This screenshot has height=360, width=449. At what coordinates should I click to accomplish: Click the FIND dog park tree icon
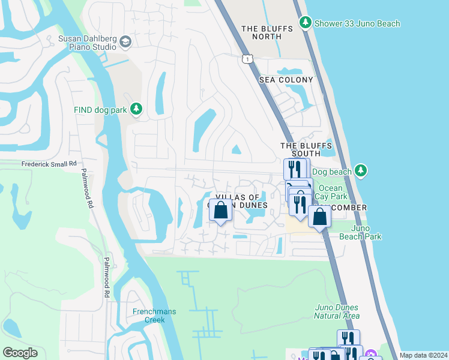click(137, 109)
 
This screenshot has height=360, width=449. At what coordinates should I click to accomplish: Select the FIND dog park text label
click(100, 109)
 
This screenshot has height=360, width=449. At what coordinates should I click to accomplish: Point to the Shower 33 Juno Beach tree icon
click(306, 23)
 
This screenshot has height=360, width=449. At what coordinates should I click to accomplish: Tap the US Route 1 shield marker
click(247, 58)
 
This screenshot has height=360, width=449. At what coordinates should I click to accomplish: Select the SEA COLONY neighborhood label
click(286, 80)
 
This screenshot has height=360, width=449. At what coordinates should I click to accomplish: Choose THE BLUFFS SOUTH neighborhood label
click(306, 149)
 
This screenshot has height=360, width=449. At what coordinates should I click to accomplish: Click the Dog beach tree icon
click(361, 172)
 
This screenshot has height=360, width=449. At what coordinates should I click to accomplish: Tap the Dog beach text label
click(332, 172)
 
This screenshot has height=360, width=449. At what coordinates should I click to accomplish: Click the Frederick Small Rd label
click(49, 163)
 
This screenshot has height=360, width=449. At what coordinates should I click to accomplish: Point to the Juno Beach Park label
click(360, 232)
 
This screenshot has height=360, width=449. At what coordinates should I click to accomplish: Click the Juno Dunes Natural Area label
click(337, 311)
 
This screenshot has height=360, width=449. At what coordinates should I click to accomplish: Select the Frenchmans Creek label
click(148, 316)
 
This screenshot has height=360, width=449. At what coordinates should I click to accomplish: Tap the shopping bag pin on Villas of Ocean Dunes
click(221, 211)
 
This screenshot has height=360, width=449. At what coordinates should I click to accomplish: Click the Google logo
click(20, 353)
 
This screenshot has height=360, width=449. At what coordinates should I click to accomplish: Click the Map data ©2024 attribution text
click(423, 355)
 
